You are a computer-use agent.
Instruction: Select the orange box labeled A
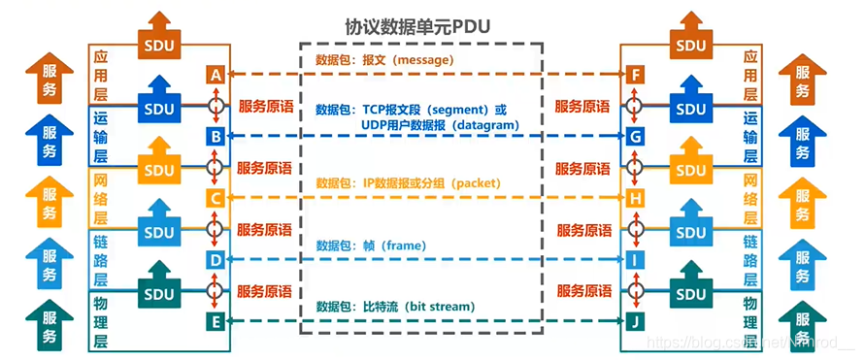coord(216,75)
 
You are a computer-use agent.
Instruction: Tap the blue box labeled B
coord(216,137)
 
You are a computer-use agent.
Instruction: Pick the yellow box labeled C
coord(216,199)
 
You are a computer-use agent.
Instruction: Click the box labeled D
coord(216,259)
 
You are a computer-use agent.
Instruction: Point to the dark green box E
coord(216,320)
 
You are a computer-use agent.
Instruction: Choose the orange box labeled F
coord(635,75)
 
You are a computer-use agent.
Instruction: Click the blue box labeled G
coord(635,137)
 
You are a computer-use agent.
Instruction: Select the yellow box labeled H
coord(635,199)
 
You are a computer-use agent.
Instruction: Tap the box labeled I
coord(635,259)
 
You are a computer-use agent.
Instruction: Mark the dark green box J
coord(635,320)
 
